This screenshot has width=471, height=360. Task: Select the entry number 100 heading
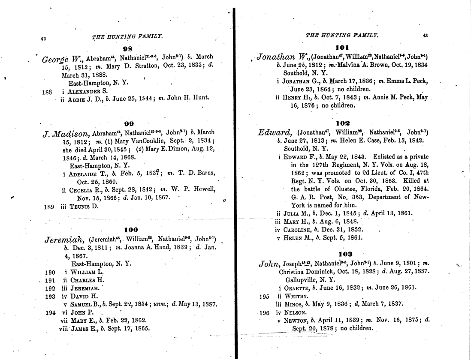pyautogui.click(x=130, y=230)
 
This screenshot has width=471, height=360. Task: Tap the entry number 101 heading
pyautogui.click(x=343, y=48)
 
